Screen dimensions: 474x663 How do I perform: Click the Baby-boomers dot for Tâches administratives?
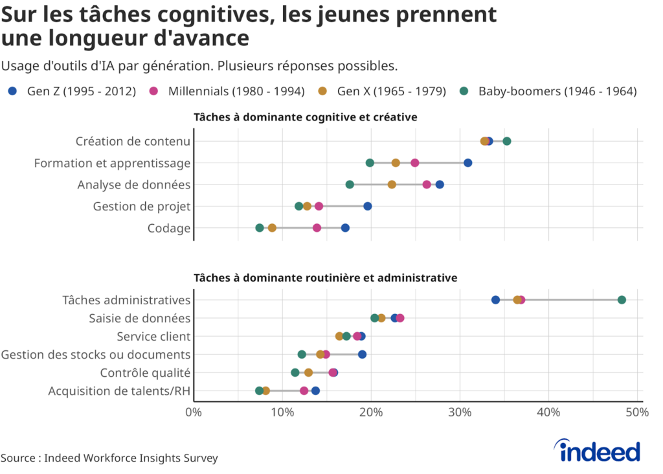(622, 300)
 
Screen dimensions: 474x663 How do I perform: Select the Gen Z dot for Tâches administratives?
(495, 300)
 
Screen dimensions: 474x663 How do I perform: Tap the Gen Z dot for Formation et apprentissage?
(468, 163)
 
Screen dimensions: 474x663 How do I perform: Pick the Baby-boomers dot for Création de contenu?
(507, 141)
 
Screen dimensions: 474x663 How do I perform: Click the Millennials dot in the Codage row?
(317, 228)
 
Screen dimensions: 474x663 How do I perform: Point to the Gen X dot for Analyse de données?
(392, 185)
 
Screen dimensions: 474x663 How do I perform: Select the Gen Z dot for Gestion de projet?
(368, 206)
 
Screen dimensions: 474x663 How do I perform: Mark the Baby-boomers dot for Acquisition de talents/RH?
(259, 390)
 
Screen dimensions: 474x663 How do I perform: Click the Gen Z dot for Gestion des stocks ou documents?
(363, 354)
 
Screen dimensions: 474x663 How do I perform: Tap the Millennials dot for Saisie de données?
(400, 318)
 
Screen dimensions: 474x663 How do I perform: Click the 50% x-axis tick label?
(637, 412)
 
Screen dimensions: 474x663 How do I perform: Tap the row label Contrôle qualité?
(145, 372)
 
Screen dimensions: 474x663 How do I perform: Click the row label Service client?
(153, 336)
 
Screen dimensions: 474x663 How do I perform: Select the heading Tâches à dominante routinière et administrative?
(326, 278)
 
